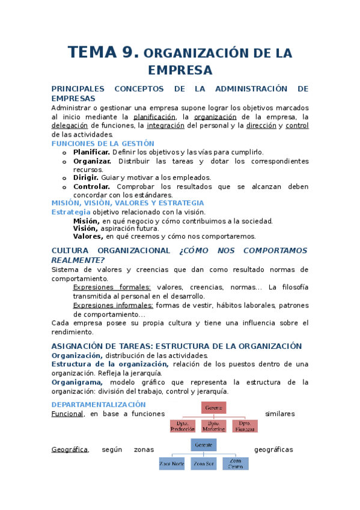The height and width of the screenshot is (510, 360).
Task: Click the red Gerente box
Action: pos(214,408)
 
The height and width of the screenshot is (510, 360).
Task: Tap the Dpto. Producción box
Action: pos(183,426)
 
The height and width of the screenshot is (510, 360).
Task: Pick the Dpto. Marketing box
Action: pos(214,426)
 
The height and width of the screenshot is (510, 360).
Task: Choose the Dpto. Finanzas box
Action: pos(245,426)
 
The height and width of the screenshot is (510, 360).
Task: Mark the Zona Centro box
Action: pos(235,464)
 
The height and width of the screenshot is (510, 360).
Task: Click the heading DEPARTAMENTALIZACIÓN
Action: pos(99,404)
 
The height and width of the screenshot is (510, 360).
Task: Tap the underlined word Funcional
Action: pos(67,414)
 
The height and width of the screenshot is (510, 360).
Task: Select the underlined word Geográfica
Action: pos(70,449)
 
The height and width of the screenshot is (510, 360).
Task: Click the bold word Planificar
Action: pos(91,153)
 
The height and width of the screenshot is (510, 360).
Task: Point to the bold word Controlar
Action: pos(91,186)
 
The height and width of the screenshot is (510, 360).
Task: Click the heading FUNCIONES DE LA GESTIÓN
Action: pos(103,144)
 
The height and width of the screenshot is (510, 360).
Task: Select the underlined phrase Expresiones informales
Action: pos(112,305)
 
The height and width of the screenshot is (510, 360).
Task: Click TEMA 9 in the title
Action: pos(103,52)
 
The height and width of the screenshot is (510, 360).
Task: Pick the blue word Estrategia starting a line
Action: pos(71,212)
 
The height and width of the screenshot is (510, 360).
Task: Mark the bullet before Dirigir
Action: pos(64,178)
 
